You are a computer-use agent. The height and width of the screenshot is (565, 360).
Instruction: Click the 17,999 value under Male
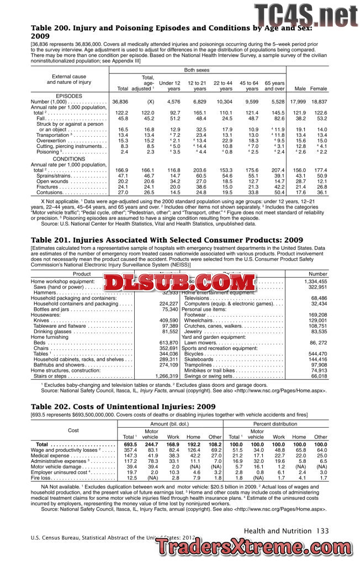298,102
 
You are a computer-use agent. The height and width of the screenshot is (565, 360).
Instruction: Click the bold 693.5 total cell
130,444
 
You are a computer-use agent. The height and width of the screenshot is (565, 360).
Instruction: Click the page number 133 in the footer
322,531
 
